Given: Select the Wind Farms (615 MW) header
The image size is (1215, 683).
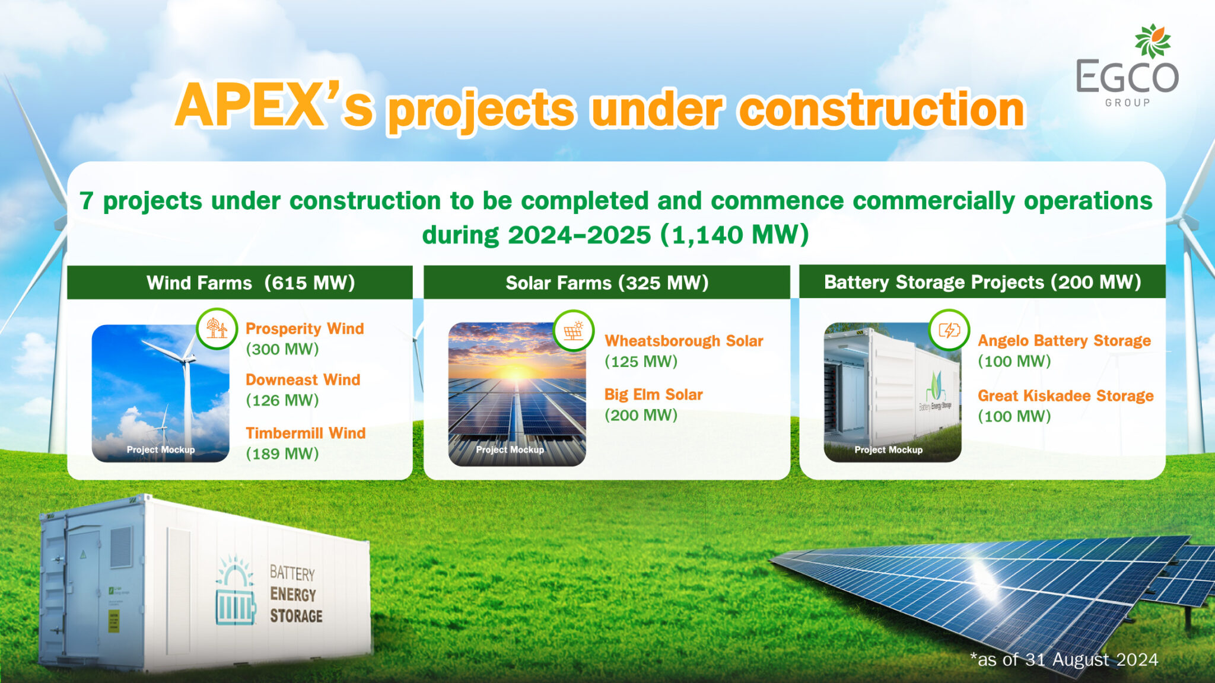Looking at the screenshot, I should pyautogui.click(x=250, y=283).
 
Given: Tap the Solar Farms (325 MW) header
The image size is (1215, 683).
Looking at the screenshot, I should pyautogui.click(x=607, y=283).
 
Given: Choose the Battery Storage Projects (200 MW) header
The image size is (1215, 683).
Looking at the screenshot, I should pyautogui.click(x=982, y=282).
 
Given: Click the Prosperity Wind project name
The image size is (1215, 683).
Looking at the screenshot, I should pyautogui.click(x=304, y=328).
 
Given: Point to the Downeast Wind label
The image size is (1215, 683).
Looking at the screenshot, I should pyautogui.click(x=303, y=379).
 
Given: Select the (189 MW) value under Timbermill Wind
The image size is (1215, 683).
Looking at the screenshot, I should pyautogui.click(x=282, y=454).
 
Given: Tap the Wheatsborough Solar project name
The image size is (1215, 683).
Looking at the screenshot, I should pyautogui.click(x=683, y=341).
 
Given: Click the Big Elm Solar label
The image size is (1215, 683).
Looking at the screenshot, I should pyautogui.click(x=653, y=394).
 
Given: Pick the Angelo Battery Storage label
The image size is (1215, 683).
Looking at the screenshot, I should pyautogui.click(x=1064, y=341).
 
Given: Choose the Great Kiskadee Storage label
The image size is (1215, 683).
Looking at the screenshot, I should pyautogui.click(x=1065, y=395).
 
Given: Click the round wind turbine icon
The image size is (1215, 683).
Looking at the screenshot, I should pyautogui.click(x=217, y=328).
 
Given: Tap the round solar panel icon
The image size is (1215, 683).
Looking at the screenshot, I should pyautogui.click(x=573, y=330).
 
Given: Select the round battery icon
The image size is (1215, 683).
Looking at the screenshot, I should pyautogui.click(x=949, y=330).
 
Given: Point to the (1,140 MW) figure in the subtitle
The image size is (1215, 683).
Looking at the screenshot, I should pyautogui.click(x=734, y=235).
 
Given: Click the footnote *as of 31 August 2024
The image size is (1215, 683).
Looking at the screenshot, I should pyautogui.click(x=1064, y=659).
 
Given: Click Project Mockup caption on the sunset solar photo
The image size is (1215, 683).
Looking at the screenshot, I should pyautogui.click(x=510, y=450).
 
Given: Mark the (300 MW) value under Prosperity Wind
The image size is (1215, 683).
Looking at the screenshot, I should pyautogui.click(x=282, y=349).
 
